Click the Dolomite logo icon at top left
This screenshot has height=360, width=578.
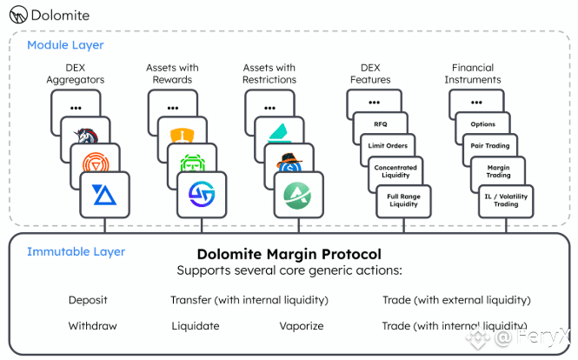pos(18,15)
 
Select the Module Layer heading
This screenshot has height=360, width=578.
pos(65,45)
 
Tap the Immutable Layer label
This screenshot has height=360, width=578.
pos(76,251)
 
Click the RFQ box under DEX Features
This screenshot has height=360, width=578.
pos(381,124)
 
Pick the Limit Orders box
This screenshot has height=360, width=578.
pos(388,145)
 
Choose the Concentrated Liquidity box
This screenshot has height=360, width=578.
pos(395,171)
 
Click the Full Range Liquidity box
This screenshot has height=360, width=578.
pos(403,201)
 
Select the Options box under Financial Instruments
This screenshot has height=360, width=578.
pos(483,124)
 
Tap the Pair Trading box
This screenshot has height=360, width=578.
pos(490,145)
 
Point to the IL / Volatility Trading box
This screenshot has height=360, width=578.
pos(506,201)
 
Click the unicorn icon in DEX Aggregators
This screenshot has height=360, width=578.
pos(87,136)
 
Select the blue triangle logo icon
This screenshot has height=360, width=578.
pos(104,195)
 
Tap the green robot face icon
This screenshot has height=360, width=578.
pos(192,163)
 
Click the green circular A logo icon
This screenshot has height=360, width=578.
pos(297,196)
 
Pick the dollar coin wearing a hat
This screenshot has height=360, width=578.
pos(289,163)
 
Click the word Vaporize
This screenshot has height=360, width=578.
pos(302,326)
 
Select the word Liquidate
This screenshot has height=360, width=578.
pos(196,326)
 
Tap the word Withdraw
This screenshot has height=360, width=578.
pos(92,326)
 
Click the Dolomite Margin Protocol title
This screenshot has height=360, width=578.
pos(289,254)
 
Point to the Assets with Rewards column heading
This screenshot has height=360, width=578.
pos(172,74)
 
